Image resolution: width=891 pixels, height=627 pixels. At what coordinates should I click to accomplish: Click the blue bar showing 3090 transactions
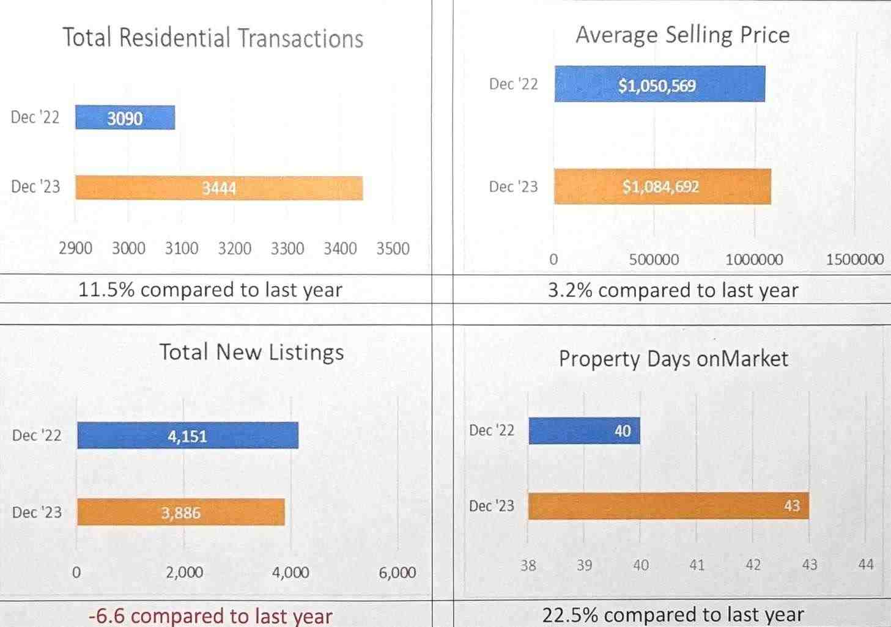tap(125, 117)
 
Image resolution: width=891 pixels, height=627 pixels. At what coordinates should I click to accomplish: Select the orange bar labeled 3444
tap(219, 188)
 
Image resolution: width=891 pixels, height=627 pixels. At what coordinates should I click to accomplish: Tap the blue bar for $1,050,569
tap(659, 84)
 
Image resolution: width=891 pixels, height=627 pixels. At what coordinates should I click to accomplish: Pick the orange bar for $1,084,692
tap(662, 186)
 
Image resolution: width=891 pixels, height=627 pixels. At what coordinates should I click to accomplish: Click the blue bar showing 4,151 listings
tap(187, 436)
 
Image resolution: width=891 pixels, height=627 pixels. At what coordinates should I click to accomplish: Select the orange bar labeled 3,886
tap(180, 512)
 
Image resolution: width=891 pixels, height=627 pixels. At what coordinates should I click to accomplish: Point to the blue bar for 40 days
tap(584, 431)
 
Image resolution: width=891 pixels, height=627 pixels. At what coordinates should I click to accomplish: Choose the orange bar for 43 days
tap(668, 506)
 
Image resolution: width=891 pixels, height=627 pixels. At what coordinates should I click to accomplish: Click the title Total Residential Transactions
tap(213, 38)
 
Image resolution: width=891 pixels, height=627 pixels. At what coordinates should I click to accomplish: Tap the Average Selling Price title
tap(682, 35)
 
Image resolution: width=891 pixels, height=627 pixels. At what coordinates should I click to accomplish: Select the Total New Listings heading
tap(251, 352)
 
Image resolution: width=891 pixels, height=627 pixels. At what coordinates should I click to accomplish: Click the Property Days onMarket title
tap(673, 359)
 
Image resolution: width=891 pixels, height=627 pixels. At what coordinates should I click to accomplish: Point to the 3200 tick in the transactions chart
tap(234, 249)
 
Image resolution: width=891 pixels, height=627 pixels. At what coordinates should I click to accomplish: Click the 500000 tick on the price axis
tap(654, 260)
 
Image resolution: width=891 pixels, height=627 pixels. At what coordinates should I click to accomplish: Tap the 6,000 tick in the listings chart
tap(397, 573)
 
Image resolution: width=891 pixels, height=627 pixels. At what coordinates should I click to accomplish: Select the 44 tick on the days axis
tap(865, 565)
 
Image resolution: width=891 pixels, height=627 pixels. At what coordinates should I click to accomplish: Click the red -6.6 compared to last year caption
tap(210, 615)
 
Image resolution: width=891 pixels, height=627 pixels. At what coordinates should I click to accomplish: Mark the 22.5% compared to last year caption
tap(673, 614)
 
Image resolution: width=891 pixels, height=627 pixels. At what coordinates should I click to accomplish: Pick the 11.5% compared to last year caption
tap(210, 290)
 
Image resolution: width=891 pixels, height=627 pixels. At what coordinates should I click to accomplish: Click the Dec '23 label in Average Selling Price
tap(513, 186)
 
